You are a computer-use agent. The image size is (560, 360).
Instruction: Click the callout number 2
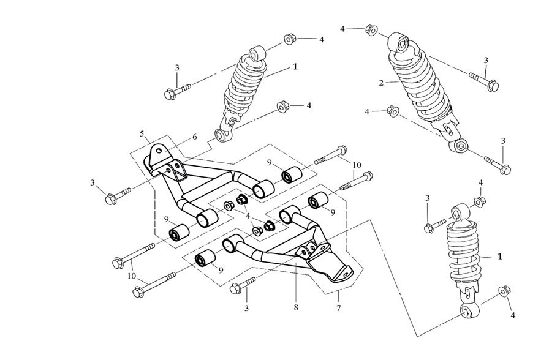pyautogui.click(x=380, y=83)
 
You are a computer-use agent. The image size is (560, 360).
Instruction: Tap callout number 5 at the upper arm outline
pyautogui.click(x=142, y=133)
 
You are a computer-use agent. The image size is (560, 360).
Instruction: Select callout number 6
pyautogui.click(x=195, y=137)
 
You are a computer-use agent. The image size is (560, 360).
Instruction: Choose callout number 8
pyautogui.click(x=296, y=306)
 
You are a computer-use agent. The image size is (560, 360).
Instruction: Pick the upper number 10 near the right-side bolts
pyautogui.click(x=356, y=165)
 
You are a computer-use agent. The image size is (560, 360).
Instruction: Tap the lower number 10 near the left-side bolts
pyautogui.click(x=132, y=276)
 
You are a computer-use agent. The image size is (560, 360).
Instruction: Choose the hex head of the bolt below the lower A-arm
pyautogui.click(x=234, y=288)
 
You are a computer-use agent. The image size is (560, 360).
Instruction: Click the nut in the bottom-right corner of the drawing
pyautogui.click(x=504, y=291)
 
